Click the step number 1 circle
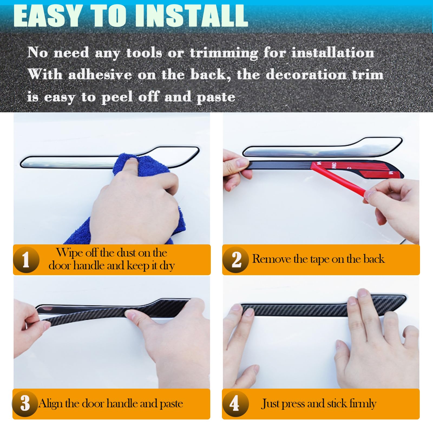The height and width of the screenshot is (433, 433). (x=26, y=260)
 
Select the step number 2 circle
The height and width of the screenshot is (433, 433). (x=236, y=260)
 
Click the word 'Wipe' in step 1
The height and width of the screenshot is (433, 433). (x=69, y=253)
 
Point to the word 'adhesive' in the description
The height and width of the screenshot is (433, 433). (x=100, y=75)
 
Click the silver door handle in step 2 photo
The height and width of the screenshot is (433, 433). (x=322, y=147)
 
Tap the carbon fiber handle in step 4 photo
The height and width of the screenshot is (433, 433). (x=323, y=306)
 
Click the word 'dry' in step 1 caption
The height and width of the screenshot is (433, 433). (x=167, y=266)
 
